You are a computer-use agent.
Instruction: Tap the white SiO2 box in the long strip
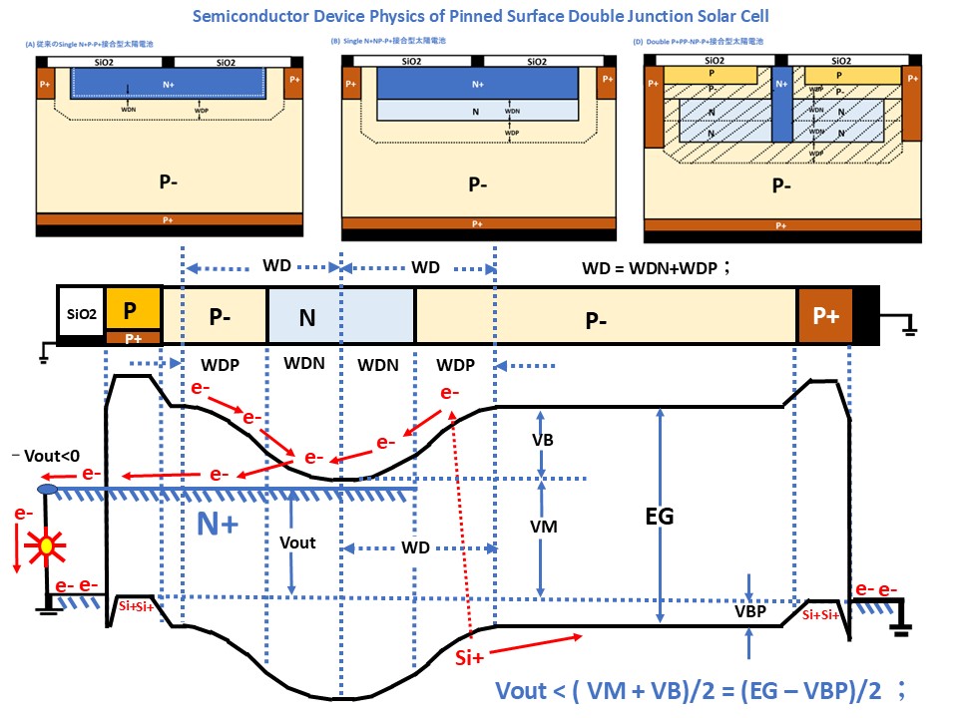click(x=80, y=313)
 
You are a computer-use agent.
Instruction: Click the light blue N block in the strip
click(x=340, y=316)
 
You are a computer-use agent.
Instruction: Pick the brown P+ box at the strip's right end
click(x=824, y=316)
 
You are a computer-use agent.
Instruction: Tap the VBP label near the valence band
click(x=748, y=611)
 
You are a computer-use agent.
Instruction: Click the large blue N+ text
click(x=217, y=524)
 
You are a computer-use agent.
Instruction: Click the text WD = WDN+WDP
click(x=659, y=268)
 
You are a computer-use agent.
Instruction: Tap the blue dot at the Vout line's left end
click(x=46, y=490)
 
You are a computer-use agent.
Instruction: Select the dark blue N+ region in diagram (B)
click(x=477, y=85)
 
